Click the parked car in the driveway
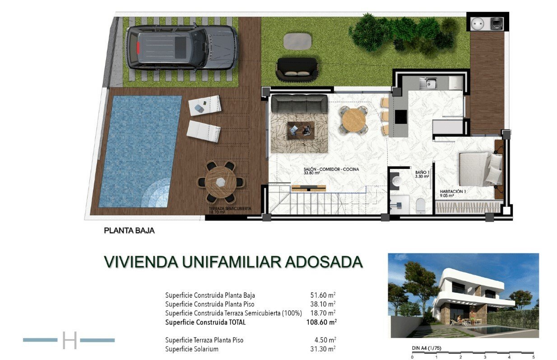click(182, 47)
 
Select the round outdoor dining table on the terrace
click(221, 182)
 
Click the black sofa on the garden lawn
click(297, 69)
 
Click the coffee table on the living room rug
click(301, 131)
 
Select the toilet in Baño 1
click(420, 206)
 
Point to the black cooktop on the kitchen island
click(400, 117)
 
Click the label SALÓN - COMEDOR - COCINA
click(331, 169)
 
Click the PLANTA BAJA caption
click(129, 230)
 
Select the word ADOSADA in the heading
click(324, 262)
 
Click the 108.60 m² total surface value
click(321, 323)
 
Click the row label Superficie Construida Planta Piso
click(209, 304)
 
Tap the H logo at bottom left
click(70, 340)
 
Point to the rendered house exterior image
click(463, 295)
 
